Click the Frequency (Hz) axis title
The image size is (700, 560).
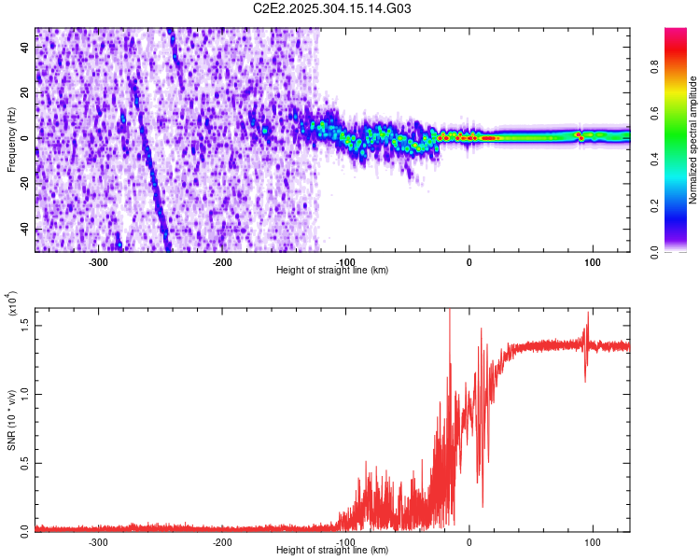pyautogui.click(x=11, y=139)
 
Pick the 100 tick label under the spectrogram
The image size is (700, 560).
pyautogui.click(x=592, y=261)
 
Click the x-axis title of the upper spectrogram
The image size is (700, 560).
pyautogui.click(x=332, y=271)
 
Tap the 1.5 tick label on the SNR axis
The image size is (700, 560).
pyautogui.click(x=25, y=323)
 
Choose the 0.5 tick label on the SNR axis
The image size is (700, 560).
pyautogui.click(x=25, y=461)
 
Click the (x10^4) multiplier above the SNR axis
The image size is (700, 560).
pyautogui.click(x=13, y=303)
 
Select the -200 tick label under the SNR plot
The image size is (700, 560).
pyautogui.click(x=222, y=541)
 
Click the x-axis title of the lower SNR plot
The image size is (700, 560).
pyautogui.click(x=332, y=551)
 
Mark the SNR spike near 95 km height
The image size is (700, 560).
pyautogui.click(x=587, y=322)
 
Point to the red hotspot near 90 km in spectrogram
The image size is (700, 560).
pyautogui.click(x=580, y=136)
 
